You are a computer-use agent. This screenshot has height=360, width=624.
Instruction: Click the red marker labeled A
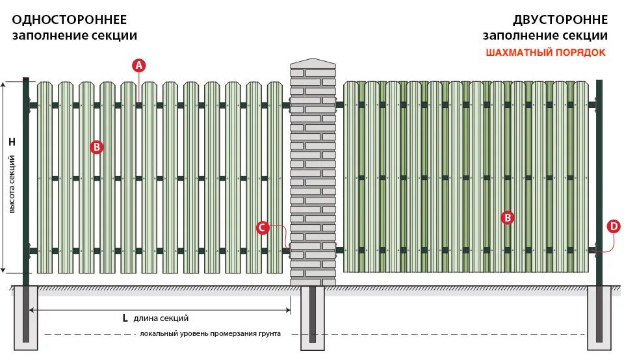tap(139, 65)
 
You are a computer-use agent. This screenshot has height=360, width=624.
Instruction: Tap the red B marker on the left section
tap(96, 147)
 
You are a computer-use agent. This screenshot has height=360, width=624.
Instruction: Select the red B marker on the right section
tap(508, 218)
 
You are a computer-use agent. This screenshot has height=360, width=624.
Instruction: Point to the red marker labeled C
tap(262, 227)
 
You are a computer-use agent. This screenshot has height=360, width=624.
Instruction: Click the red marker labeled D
tap(613, 226)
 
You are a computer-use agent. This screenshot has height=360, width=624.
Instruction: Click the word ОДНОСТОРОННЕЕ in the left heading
tap(69, 20)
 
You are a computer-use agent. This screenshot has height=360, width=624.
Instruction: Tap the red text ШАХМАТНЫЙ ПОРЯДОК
tap(545, 53)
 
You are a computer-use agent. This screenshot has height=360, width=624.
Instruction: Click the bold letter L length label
tap(125, 318)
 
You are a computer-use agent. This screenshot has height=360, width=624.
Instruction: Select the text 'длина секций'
tap(161, 318)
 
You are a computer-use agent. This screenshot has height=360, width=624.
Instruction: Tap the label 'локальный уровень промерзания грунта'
tap(210, 334)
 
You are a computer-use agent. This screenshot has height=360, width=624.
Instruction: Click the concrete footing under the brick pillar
tap(313, 318)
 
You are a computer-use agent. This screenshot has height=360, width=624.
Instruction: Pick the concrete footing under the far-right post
tap(599, 318)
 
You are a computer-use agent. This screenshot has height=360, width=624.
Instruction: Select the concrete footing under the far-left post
tap(26, 318)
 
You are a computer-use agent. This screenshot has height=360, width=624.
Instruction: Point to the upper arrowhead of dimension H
tap(5, 85)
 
